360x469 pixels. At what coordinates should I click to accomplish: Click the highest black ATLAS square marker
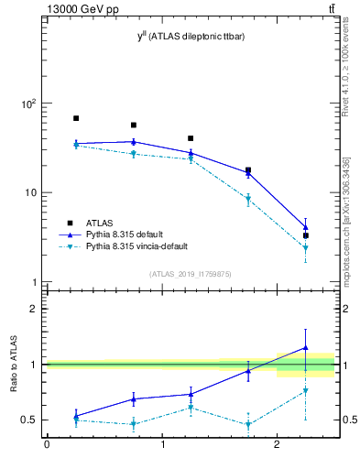point(76,118)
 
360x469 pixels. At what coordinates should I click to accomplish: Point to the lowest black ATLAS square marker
point(306,235)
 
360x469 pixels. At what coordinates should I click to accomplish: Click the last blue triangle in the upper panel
point(306,227)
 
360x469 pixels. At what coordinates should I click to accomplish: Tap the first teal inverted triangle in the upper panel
point(76,146)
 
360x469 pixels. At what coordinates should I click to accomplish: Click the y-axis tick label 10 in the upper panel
point(30,193)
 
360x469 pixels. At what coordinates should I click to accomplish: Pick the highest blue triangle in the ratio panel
point(306,348)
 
